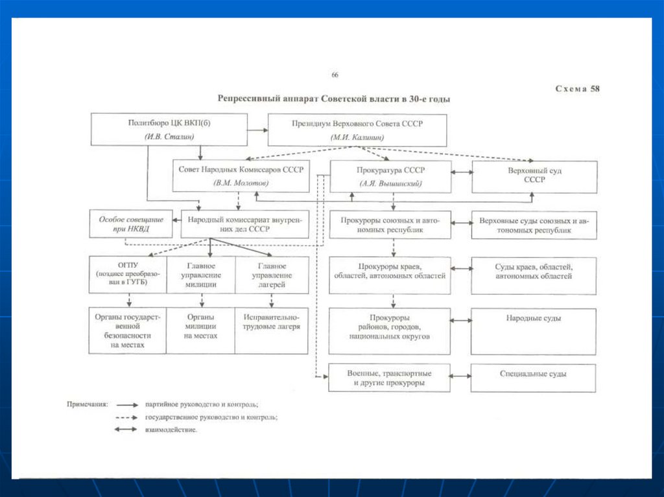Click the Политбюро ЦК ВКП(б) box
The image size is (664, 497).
pos(169,130)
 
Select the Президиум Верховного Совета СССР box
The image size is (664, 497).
pos(357,130)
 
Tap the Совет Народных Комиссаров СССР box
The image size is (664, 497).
pos(241,175)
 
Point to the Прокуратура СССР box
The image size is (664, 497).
pos(390,176)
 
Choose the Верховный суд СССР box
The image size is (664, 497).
pos(534,176)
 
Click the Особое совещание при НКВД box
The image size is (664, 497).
pos(130,224)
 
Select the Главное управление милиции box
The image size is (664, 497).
pos(201,275)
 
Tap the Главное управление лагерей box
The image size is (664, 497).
pos(272,275)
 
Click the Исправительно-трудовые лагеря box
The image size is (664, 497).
pos(272,330)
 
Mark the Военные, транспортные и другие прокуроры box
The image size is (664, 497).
pos(389,378)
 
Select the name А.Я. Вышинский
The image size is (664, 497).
pos(390,184)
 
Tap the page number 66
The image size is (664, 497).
pos(335,75)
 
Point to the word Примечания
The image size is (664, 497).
pos(87,403)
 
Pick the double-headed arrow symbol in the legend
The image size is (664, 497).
pos(127,429)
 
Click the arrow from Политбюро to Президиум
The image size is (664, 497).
pos(257,130)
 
